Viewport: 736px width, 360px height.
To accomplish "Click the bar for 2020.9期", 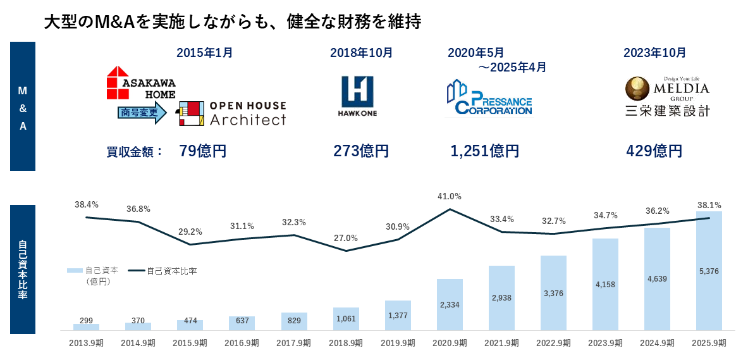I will pyautogui.click(x=450, y=304).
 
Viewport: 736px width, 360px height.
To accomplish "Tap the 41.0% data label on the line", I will pyautogui.click(x=450, y=196).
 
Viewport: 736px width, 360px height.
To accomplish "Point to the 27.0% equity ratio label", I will pyautogui.click(x=346, y=238).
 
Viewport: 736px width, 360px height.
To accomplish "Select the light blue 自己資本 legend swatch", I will pyautogui.click(x=75, y=271).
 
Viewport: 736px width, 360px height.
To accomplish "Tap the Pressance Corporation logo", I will pyautogui.click(x=489, y=98).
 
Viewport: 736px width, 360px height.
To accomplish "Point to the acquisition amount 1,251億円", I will pyautogui.click(x=485, y=151).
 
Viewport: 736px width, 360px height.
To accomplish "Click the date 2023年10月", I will pyautogui.click(x=654, y=53).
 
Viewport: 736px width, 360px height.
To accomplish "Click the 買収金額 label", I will pyautogui.click(x=135, y=152).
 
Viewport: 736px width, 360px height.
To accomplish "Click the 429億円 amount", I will pyautogui.click(x=654, y=151).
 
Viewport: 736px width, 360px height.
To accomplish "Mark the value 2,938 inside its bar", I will pyautogui.click(x=501, y=298).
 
